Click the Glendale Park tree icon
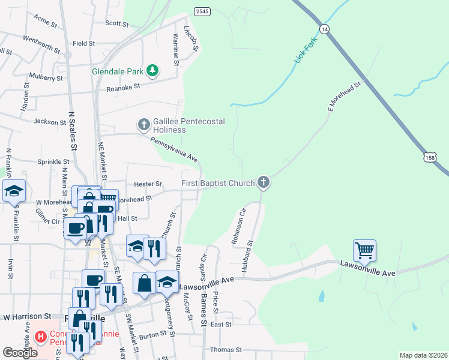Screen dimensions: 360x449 coord(152,71)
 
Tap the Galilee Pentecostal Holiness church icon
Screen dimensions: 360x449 coord(143,125)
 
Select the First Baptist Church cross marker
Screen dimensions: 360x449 coord(263,182)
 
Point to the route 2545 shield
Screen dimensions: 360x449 coord(202,11)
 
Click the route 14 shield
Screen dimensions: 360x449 coord(324,29)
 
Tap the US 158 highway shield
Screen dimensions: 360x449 coord(429,157)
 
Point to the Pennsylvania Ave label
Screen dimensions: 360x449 coord(174,149)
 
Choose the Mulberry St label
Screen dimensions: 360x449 coord(46,77)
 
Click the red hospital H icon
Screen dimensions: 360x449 coord(41,337)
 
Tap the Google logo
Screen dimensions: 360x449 coord(20,353)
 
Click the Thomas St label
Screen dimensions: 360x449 coord(226,349)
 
